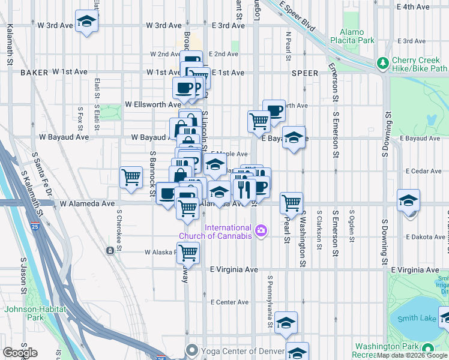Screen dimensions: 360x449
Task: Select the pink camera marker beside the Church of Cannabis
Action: (x=261, y=230)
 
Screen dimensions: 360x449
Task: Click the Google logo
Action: (x=20, y=352)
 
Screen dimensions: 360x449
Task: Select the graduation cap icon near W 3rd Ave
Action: (x=87, y=21)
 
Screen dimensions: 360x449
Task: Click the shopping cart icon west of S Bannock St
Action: (x=131, y=177)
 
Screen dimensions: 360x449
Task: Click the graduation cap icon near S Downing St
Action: (x=408, y=200)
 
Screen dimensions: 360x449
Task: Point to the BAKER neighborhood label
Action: (x=33, y=72)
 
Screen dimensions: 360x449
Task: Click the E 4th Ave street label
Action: (x=414, y=7)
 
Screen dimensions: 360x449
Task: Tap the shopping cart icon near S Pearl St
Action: (x=291, y=203)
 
